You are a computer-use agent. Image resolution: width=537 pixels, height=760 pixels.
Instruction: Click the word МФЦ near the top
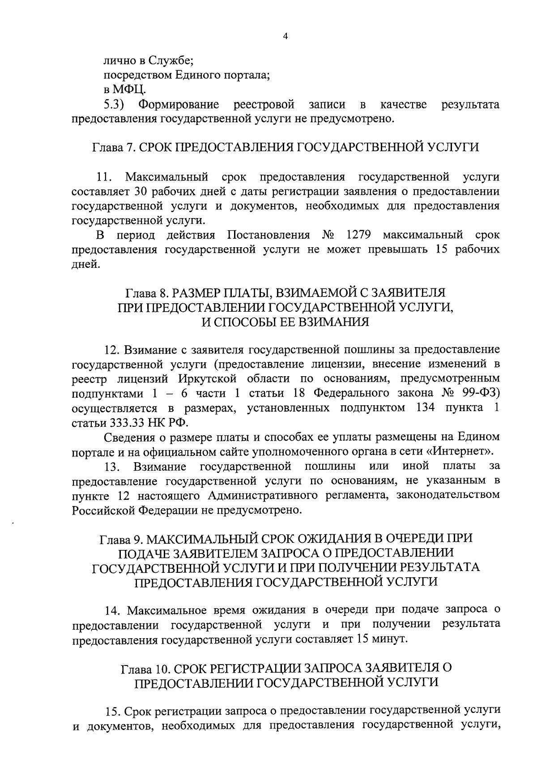(128, 90)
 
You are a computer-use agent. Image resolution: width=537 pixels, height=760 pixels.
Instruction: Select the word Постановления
(268, 235)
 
